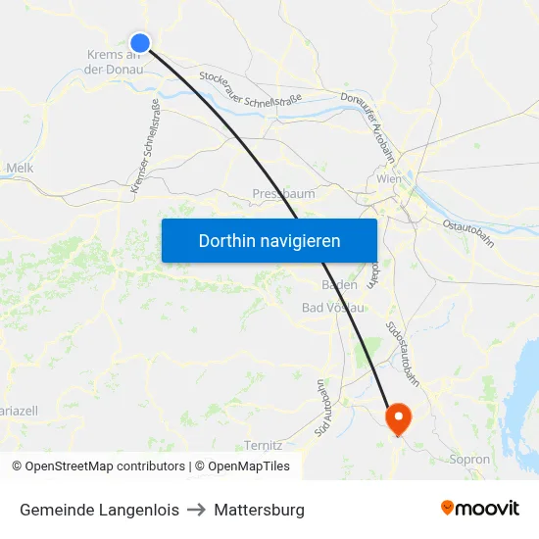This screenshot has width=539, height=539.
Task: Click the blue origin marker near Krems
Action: pos(140,42)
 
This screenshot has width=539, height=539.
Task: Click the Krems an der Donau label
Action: pos(115,62)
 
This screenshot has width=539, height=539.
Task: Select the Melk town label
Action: pos(20,169)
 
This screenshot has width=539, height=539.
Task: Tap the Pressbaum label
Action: pos(283,194)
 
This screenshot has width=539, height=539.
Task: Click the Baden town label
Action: pos(339,286)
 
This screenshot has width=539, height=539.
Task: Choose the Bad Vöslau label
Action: pos(333,308)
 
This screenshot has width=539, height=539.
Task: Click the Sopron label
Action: pos(468,459)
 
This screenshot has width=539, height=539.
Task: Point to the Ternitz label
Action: pos(264,445)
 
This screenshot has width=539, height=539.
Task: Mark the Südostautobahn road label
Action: pos(404,353)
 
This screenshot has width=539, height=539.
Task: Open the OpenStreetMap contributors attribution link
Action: pos(98,466)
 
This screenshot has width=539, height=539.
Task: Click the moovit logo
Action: pos(480,508)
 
